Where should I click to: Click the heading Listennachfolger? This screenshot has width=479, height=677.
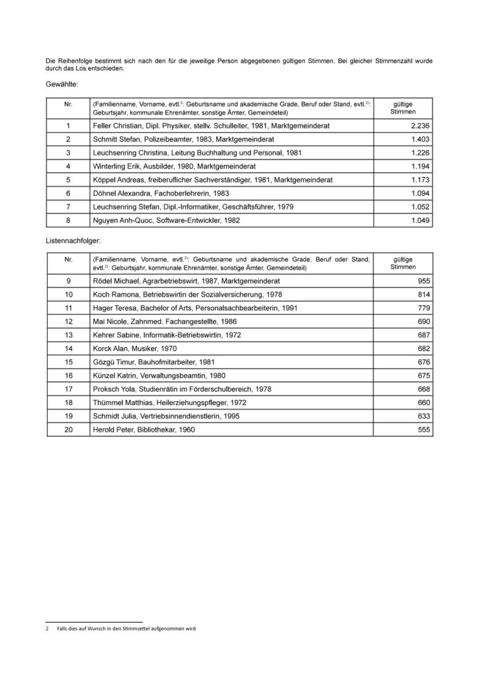pyautogui.click(x=72, y=242)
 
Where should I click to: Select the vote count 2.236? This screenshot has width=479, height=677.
pyautogui.click(x=420, y=125)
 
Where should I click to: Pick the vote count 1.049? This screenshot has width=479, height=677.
pyautogui.click(x=420, y=220)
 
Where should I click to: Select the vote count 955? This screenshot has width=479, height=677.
pyautogui.click(x=423, y=280)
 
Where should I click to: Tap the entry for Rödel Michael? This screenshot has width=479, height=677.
pyautogui.click(x=180, y=280)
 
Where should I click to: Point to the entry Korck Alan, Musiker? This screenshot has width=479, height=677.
pyautogui.click(x=135, y=348)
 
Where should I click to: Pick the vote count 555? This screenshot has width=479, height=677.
pyautogui.click(x=423, y=430)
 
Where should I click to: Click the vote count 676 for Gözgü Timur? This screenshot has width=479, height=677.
pyautogui.click(x=423, y=362)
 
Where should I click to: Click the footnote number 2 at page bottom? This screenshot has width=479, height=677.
pyautogui.click(x=47, y=629)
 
